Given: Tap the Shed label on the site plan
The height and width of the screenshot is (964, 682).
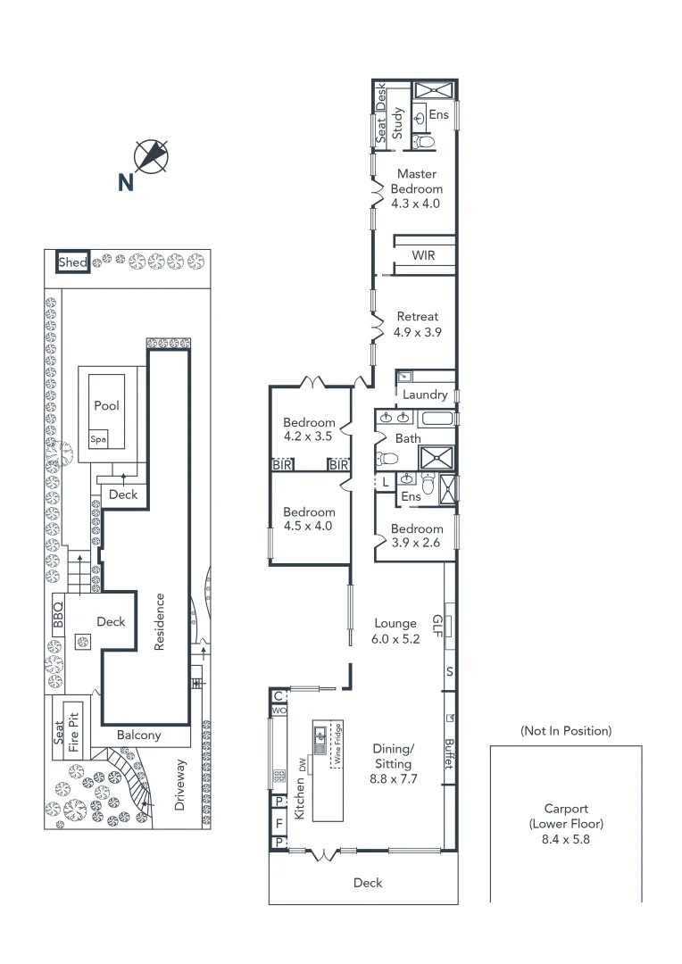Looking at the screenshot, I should [x=72, y=262].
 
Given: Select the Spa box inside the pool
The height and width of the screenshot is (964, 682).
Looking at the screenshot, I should [x=97, y=440].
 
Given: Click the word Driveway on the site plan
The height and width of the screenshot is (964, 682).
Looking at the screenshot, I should [x=181, y=784].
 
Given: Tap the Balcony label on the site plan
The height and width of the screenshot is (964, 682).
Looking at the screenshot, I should [x=139, y=735].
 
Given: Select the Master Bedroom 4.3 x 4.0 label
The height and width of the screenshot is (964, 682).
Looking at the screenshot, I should [x=417, y=188].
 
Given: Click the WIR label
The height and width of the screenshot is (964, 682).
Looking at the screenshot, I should [x=423, y=255].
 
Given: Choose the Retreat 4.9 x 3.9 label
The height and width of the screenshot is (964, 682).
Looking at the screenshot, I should [x=418, y=324].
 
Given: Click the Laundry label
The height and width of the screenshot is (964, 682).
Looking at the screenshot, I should [x=425, y=395].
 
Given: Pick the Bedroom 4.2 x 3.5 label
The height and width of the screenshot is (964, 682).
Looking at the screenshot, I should [x=309, y=429].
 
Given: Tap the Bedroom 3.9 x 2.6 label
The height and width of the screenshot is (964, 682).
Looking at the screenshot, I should [x=417, y=535].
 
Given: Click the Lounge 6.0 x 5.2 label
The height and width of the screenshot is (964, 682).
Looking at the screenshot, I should [x=395, y=631].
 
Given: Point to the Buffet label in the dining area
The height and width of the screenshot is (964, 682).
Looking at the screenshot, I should [x=448, y=755].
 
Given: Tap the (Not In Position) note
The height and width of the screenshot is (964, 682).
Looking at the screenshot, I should [x=566, y=731].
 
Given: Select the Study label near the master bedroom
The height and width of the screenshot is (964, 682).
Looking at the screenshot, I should [x=398, y=124].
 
